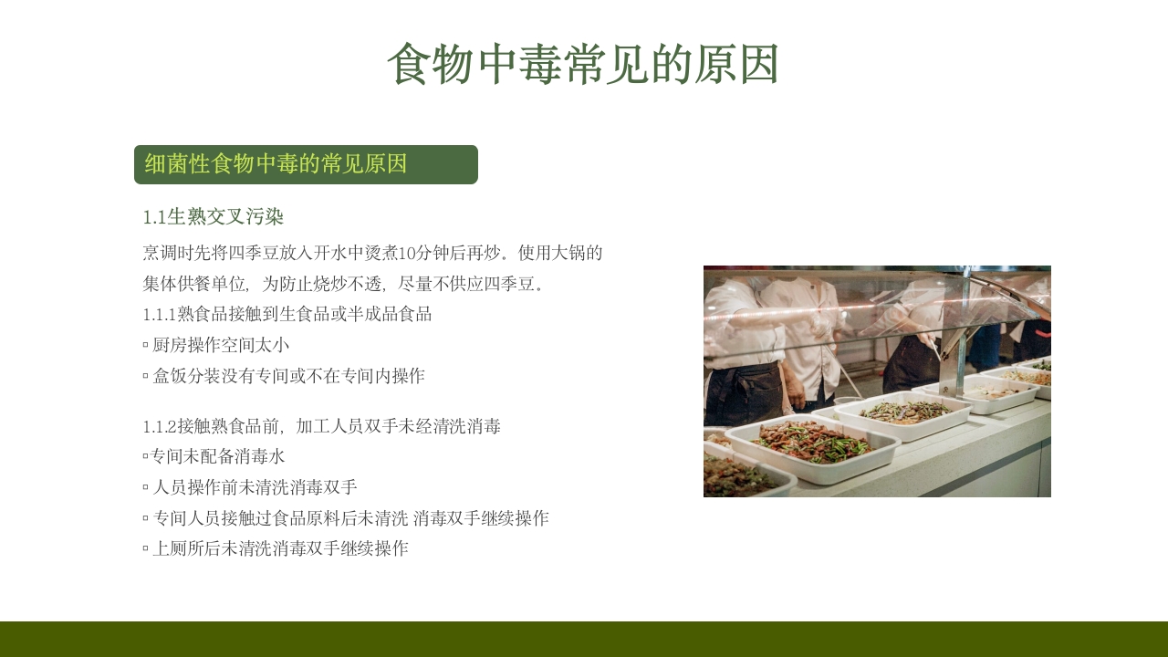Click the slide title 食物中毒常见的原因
(583, 65)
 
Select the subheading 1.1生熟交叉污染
(214, 217)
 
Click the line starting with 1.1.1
(287, 315)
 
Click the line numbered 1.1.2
(321, 426)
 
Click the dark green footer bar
(584, 639)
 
